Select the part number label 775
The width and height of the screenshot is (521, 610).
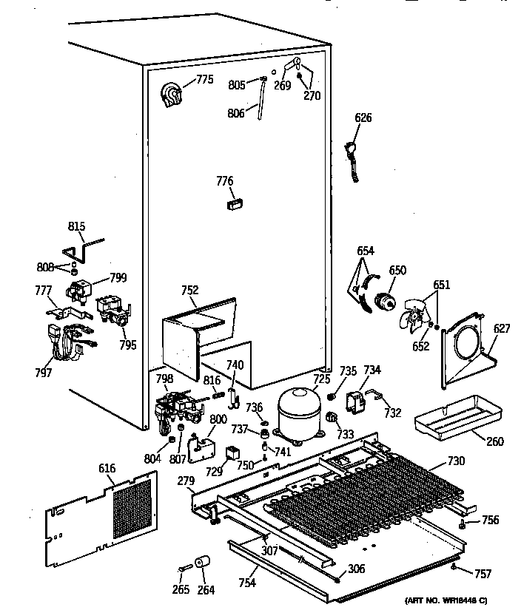pyautogui.click(x=204, y=80)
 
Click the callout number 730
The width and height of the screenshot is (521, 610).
pyautogui.click(x=457, y=461)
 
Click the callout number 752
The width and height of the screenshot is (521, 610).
pyautogui.click(x=190, y=291)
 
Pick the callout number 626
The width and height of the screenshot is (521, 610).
pyautogui.click(x=363, y=118)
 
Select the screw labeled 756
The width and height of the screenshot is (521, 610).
pyautogui.click(x=461, y=525)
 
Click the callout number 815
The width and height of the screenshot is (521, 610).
pyautogui.click(x=77, y=226)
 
